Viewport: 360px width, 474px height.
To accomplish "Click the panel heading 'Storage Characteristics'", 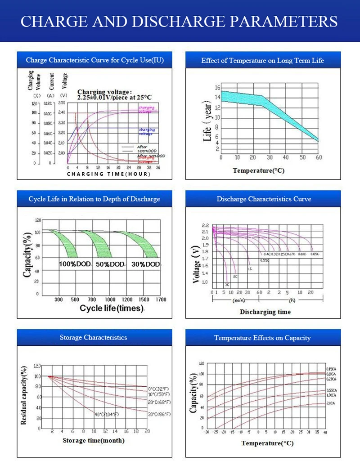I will click(93, 337).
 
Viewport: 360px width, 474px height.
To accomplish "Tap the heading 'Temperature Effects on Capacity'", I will click(262, 338).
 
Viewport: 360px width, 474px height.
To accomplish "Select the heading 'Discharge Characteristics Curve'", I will click(264, 199).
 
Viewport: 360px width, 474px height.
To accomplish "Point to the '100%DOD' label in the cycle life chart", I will click(75, 264).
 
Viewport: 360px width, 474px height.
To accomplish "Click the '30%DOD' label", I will click(145, 264).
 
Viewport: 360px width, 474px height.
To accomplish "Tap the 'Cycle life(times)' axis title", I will click(112, 308).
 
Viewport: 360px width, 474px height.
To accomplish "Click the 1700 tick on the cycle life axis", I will click(160, 300).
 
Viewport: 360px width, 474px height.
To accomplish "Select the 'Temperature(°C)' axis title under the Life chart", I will click(258, 171).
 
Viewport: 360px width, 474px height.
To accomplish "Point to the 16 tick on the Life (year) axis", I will click(217, 87).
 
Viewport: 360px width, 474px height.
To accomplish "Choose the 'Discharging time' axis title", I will click(265, 312).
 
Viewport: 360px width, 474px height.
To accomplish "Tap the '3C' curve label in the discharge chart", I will click(227, 284).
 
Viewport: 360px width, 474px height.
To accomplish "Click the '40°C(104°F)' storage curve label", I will click(106, 414).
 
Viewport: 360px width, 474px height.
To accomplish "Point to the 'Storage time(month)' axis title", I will click(94, 440).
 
